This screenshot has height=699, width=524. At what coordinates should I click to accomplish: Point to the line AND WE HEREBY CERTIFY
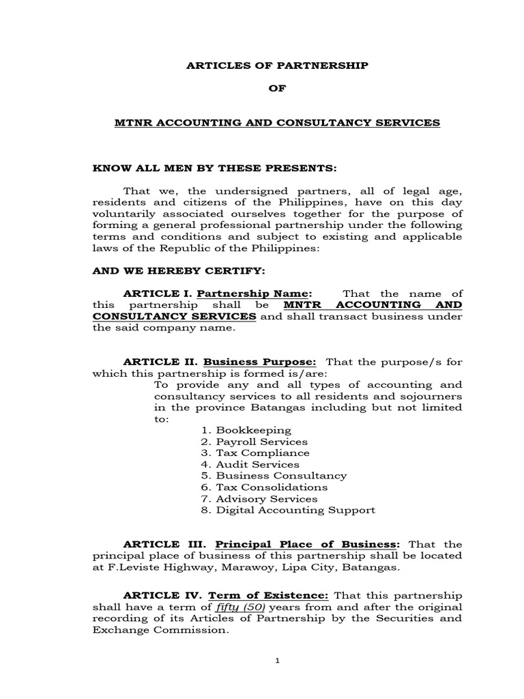(x=178, y=271)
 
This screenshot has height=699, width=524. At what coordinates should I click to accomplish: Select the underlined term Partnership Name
(x=254, y=293)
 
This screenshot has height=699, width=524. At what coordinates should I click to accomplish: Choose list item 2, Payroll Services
(x=254, y=442)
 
